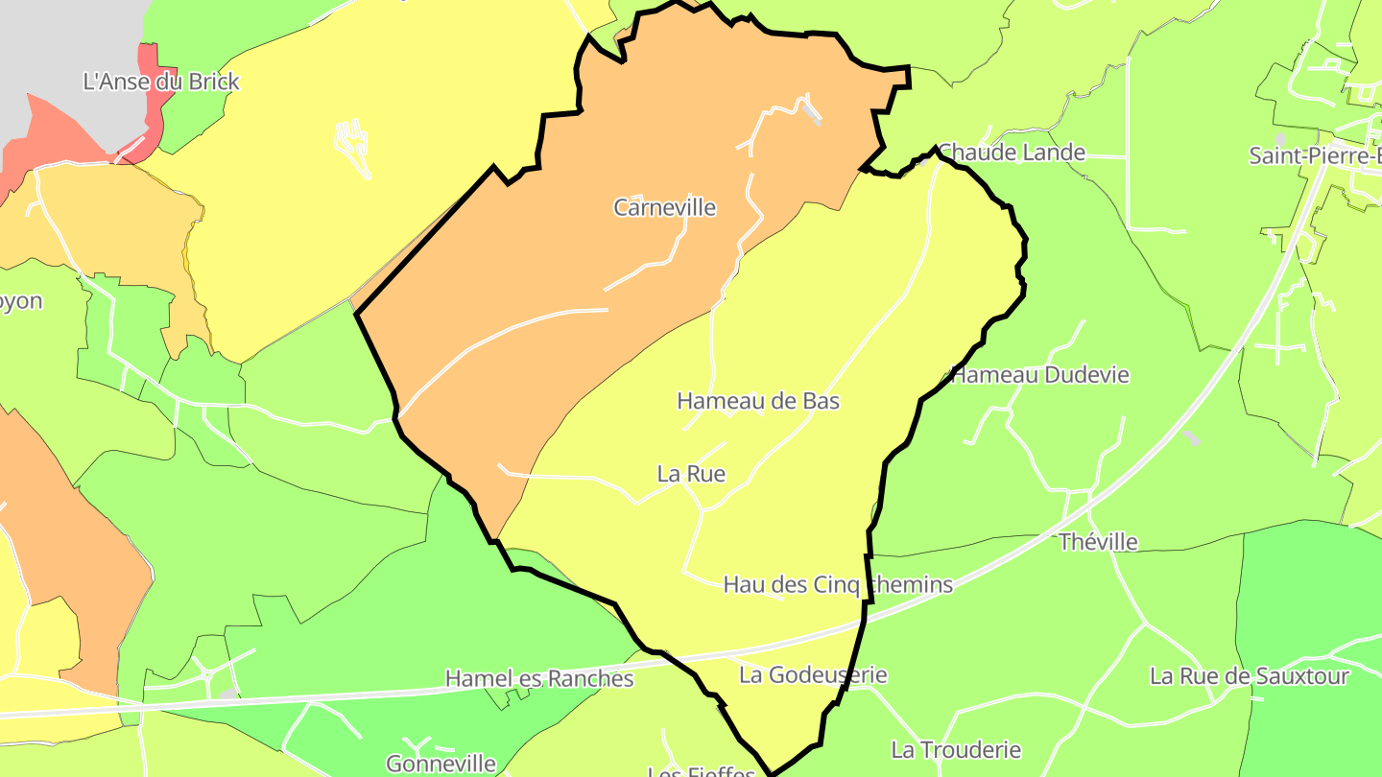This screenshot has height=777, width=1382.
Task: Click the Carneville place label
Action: coord(664,207)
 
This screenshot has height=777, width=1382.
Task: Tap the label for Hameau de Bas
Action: coord(758,401)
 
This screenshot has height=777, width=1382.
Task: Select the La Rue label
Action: coord(691,474)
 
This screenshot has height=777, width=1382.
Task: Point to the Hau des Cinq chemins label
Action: coord(838,585)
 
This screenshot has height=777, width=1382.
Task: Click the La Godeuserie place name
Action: coord(813,675)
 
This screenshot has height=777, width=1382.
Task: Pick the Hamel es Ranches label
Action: coord(539,679)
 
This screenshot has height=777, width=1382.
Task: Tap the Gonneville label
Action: coord(441,764)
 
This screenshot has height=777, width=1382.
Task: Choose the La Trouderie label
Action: coord(956,750)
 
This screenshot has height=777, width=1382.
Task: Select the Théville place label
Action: coord(1099,543)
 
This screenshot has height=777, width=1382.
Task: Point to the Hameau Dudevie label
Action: coord(1040,375)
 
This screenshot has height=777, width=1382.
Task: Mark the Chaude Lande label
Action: coord(1012,153)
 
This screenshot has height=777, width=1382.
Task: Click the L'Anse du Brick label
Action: coord(161,82)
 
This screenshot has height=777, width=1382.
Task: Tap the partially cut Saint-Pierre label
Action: coord(1315,155)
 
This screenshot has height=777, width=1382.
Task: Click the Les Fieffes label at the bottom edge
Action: coord(702,771)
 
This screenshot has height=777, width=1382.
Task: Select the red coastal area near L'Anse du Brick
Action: coord(58,134)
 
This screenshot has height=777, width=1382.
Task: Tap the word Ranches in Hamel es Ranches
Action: coord(589,679)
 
